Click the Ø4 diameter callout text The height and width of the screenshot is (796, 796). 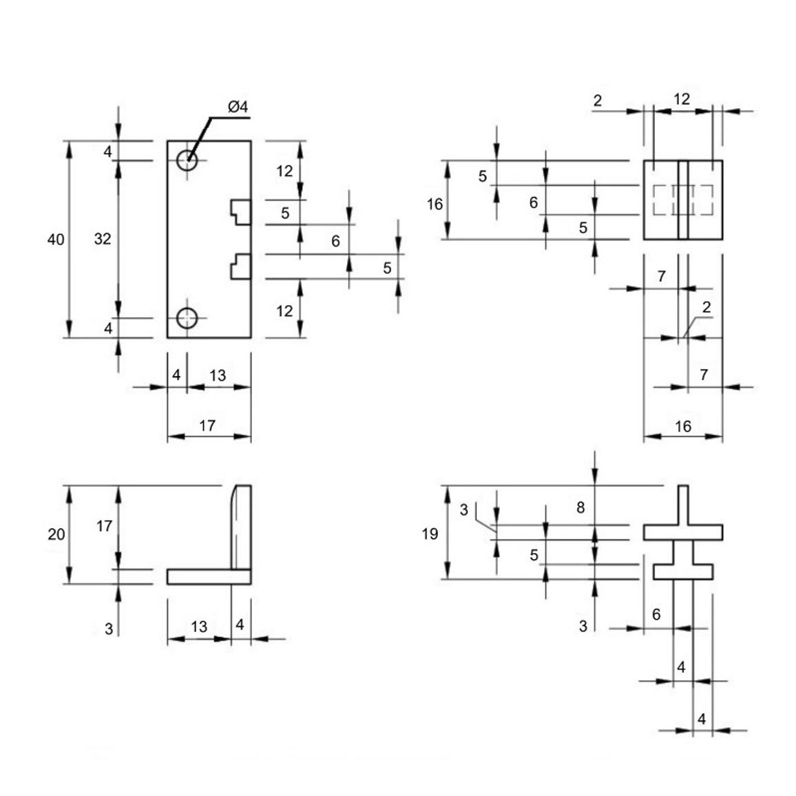238,107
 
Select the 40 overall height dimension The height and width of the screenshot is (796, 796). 56,239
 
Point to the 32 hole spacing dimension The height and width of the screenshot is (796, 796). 103,239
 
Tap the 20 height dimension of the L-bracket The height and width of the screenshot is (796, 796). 56,534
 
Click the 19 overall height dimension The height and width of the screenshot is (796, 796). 430,534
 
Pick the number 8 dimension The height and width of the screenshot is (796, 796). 580,507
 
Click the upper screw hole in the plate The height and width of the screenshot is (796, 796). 187,160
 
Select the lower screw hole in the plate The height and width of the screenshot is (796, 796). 187,318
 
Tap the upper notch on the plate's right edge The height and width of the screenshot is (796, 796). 240,212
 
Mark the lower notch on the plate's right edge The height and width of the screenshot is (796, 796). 240,266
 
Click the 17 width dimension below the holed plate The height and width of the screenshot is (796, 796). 207,426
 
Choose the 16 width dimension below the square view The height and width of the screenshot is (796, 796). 683,426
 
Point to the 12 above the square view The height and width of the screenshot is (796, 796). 682,99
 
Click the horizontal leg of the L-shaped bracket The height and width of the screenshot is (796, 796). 209,577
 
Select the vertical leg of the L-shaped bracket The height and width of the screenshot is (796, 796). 242,527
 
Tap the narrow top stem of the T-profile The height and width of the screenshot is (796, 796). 683,505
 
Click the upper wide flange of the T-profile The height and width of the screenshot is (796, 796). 683,532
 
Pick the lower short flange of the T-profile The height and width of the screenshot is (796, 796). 683,572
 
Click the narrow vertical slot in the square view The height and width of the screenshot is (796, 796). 683,200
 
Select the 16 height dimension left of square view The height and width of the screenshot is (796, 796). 434,204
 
